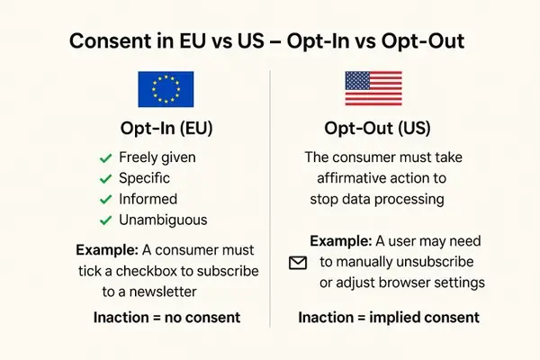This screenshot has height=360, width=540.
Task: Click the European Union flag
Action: [x=165, y=90]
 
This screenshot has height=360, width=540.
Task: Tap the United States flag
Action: [x=374, y=90]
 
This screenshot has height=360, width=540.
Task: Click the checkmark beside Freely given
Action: [x=105, y=157]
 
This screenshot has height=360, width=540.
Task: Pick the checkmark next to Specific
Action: [x=105, y=178]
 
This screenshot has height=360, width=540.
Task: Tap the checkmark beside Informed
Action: [x=105, y=199]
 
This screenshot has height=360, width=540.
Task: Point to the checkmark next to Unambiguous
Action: [x=105, y=220]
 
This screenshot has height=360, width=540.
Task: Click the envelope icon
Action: [x=297, y=263]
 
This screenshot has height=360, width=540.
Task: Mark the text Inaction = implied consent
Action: [x=389, y=318]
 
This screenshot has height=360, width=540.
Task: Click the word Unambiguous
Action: [x=163, y=220]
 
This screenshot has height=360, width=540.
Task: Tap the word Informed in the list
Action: [x=148, y=199]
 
